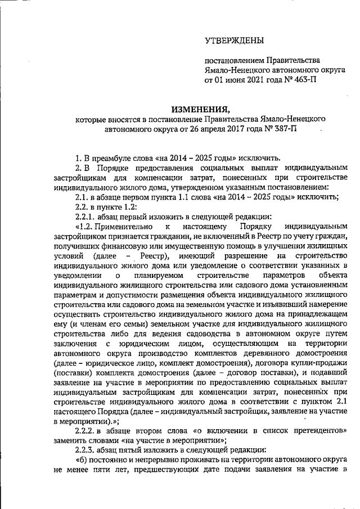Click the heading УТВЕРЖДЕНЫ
click(234, 40)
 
